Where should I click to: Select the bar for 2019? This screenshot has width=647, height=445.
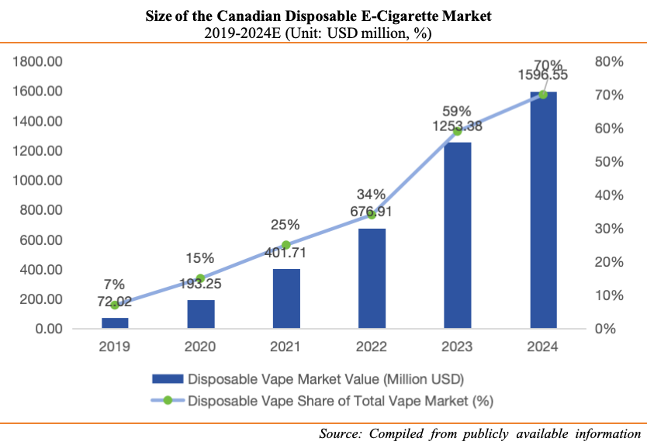(115, 323)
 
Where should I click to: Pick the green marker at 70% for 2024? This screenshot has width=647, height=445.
(543, 95)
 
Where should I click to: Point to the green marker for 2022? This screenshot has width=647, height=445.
(372, 215)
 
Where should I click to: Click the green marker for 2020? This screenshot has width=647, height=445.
(200, 278)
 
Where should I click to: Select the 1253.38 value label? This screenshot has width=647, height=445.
(457, 126)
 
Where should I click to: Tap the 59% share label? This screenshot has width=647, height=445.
(457, 110)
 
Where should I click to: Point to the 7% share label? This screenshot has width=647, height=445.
(115, 285)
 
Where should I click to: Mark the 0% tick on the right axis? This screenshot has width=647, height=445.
(602, 329)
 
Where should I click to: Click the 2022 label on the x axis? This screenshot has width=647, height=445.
(372, 347)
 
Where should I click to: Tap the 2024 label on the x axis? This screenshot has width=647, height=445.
(543, 347)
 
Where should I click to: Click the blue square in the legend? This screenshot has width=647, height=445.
(168, 380)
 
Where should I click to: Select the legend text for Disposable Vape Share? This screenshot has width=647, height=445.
(341, 401)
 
